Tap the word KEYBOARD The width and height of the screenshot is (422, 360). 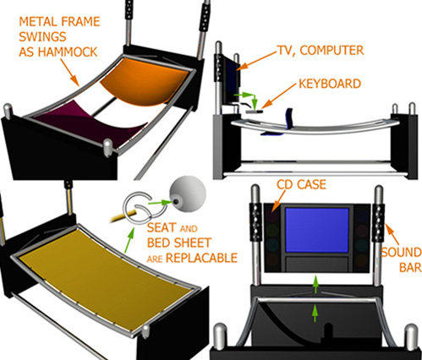point(330,84)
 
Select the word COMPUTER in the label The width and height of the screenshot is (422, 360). point(332,51)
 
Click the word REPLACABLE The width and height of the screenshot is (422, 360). point(201,258)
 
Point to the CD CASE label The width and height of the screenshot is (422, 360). point(301,184)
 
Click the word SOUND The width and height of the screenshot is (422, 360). point(401,253)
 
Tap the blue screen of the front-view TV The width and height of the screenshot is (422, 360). point(317,230)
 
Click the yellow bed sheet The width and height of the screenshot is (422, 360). point(107,281)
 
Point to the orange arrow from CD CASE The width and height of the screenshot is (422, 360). point(279,200)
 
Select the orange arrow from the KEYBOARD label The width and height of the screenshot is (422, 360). point(278,96)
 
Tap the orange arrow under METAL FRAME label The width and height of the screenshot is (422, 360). point(70,72)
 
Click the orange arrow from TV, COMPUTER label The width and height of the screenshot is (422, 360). point(256,60)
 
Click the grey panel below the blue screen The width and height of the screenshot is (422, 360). point(317,264)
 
